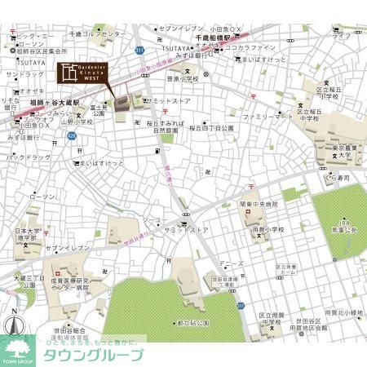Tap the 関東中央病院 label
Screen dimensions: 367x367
[x=258, y=204]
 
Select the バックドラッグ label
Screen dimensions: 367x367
[x=29, y=156]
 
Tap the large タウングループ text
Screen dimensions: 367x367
[x=94, y=356]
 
